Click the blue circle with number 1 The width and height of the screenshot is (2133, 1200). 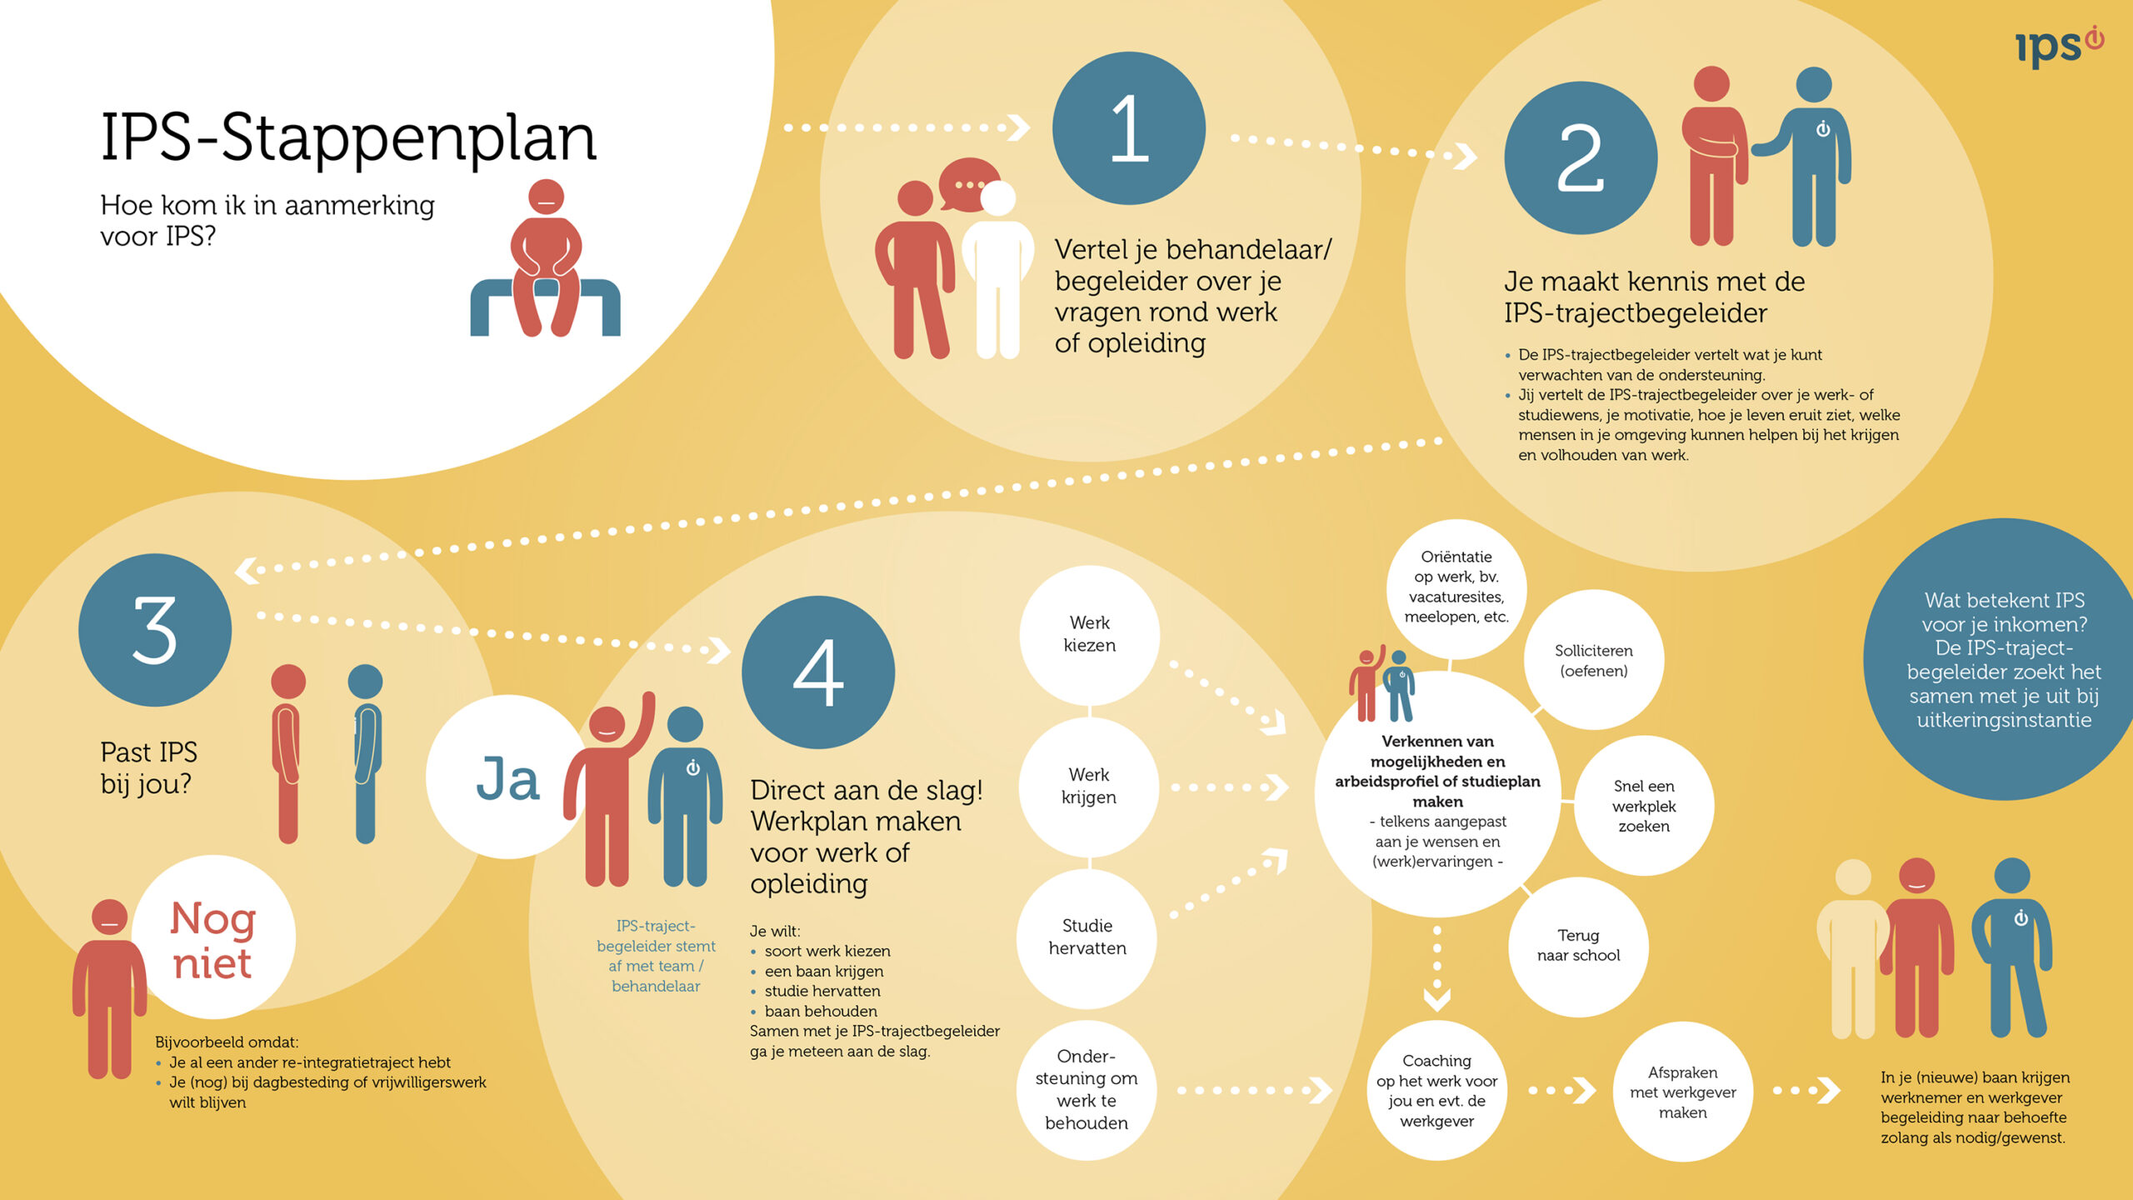pyautogui.click(x=1128, y=128)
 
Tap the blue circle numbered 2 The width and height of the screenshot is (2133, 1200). pyautogui.click(x=1580, y=157)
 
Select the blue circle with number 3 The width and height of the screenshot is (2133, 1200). pyautogui.click(x=155, y=630)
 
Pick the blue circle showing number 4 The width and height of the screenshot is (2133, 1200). pyautogui.click(x=818, y=672)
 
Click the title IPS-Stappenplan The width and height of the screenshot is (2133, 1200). pyautogui.click(x=348, y=137)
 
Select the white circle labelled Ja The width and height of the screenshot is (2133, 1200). pyautogui.click(x=507, y=777)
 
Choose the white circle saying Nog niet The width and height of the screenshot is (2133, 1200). pyautogui.click(x=213, y=938)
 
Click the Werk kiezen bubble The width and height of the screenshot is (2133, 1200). pyautogui.click(x=1089, y=634)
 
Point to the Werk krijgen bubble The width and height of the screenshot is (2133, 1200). pyautogui.click(x=1089, y=786)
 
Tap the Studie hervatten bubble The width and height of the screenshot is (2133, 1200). pyautogui.click(x=1087, y=937)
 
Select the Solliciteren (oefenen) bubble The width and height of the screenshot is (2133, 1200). pyautogui.click(x=1593, y=660)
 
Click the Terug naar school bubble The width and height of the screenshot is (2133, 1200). pyautogui.click(x=1578, y=946)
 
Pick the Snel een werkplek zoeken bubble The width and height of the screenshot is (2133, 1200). pyautogui.click(x=1643, y=806)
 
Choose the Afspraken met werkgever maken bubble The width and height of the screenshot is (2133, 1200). pyautogui.click(x=1682, y=1092)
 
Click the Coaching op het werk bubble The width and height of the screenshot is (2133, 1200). pyautogui.click(x=1436, y=1091)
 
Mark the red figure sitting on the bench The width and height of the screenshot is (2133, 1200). pyautogui.click(x=546, y=258)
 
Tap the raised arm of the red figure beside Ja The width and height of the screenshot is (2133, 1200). pyautogui.click(x=643, y=721)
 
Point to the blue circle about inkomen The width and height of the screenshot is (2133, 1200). pyautogui.click(x=2003, y=659)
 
